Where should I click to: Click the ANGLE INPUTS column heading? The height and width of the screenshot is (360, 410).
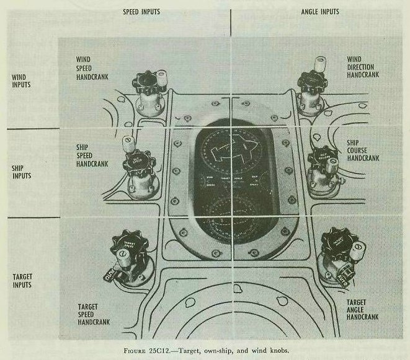pyautogui.click(x=321, y=12)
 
